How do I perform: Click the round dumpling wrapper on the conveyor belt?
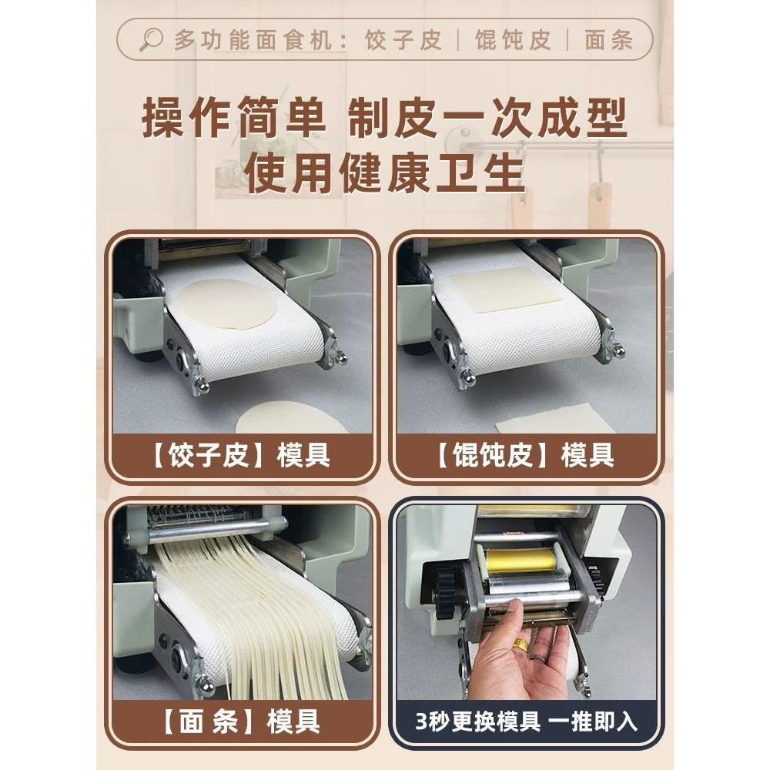click(229, 303)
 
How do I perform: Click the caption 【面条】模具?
click(245, 722)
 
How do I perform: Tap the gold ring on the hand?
click(522, 645)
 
